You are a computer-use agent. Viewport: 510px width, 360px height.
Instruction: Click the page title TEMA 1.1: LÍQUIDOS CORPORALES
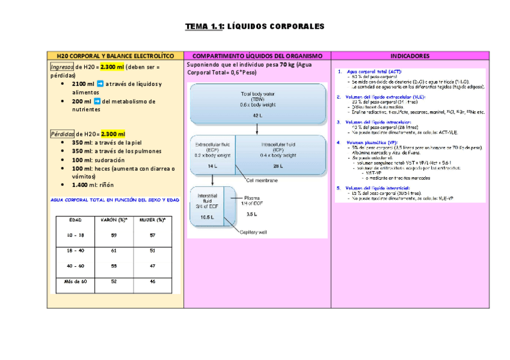tap(254, 26)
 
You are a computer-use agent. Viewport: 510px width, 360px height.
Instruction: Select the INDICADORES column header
tap(410, 56)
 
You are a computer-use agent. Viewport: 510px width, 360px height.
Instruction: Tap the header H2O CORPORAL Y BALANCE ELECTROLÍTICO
tap(115, 56)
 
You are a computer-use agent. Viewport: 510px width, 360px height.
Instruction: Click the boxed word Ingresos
tap(62, 67)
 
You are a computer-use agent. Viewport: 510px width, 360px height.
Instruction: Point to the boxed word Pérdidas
tap(62, 134)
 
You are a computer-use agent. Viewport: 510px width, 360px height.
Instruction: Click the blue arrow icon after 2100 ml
tap(100, 84)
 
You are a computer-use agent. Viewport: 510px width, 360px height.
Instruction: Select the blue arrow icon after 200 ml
tap(96, 102)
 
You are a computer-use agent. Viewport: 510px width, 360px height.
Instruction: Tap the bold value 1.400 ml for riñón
tap(83, 185)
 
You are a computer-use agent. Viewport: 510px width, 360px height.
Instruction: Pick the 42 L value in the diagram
tap(257, 115)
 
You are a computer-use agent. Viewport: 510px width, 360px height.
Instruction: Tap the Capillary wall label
tap(254, 231)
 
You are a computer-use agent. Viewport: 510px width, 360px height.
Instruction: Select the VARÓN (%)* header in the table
tap(112, 220)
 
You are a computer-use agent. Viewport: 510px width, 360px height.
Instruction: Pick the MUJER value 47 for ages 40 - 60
tap(152, 266)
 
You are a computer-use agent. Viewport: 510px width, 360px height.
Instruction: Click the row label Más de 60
tap(76, 281)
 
